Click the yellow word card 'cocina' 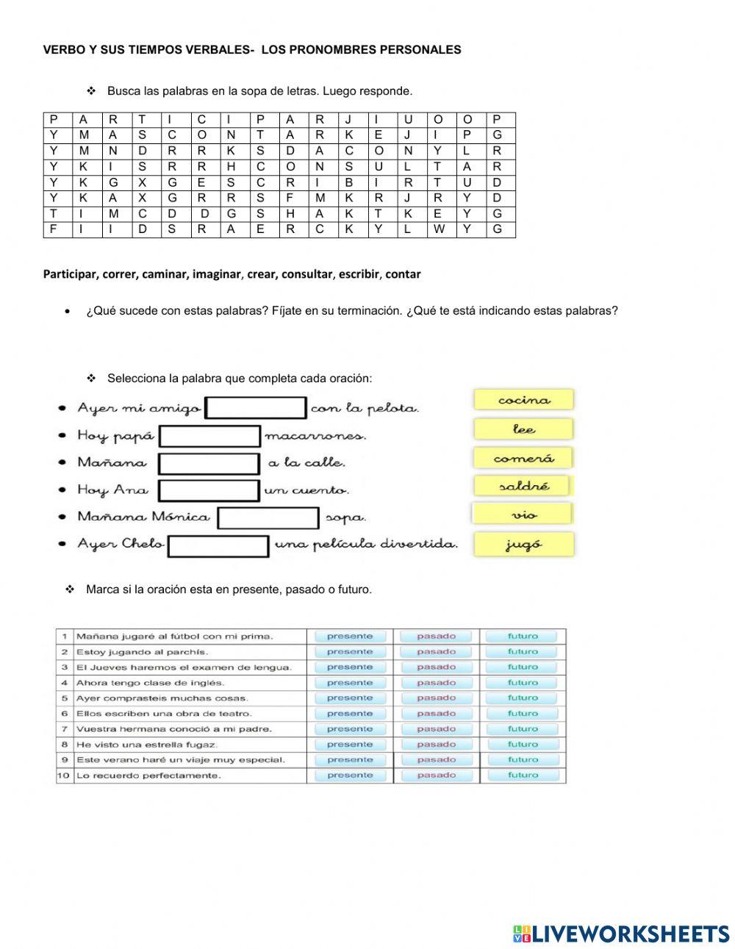pyautogui.click(x=523, y=400)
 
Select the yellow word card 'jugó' pyautogui.click(x=523, y=545)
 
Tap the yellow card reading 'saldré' pyautogui.click(x=523, y=486)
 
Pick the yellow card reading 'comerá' pyautogui.click(x=523, y=458)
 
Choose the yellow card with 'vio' pyautogui.click(x=523, y=515)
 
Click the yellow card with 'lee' pyautogui.click(x=523, y=429)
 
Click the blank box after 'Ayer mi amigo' pyautogui.click(x=256, y=408)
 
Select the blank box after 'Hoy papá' pyautogui.click(x=210, y=436)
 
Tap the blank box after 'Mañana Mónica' pyautogui.click(x=269, y=518)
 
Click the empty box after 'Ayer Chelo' pyautogui.click(x=219, y=545)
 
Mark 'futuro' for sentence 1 pyautogui.click(x=523, y=637)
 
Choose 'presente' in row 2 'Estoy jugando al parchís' pyautogui.click(x=350, y=652)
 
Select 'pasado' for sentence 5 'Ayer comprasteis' pyautogui.click(x=437, y=698)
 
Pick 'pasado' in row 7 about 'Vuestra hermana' pyautogui.click(x=437, y=729)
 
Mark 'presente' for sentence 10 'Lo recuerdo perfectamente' pyautogui.click(x=350, y=776)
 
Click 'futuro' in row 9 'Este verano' pyautogui.click(x=523, y=760)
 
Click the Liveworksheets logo pyautogui.click(x=620, y=934)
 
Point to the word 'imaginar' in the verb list pyautogui.click(x=216, y=274)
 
